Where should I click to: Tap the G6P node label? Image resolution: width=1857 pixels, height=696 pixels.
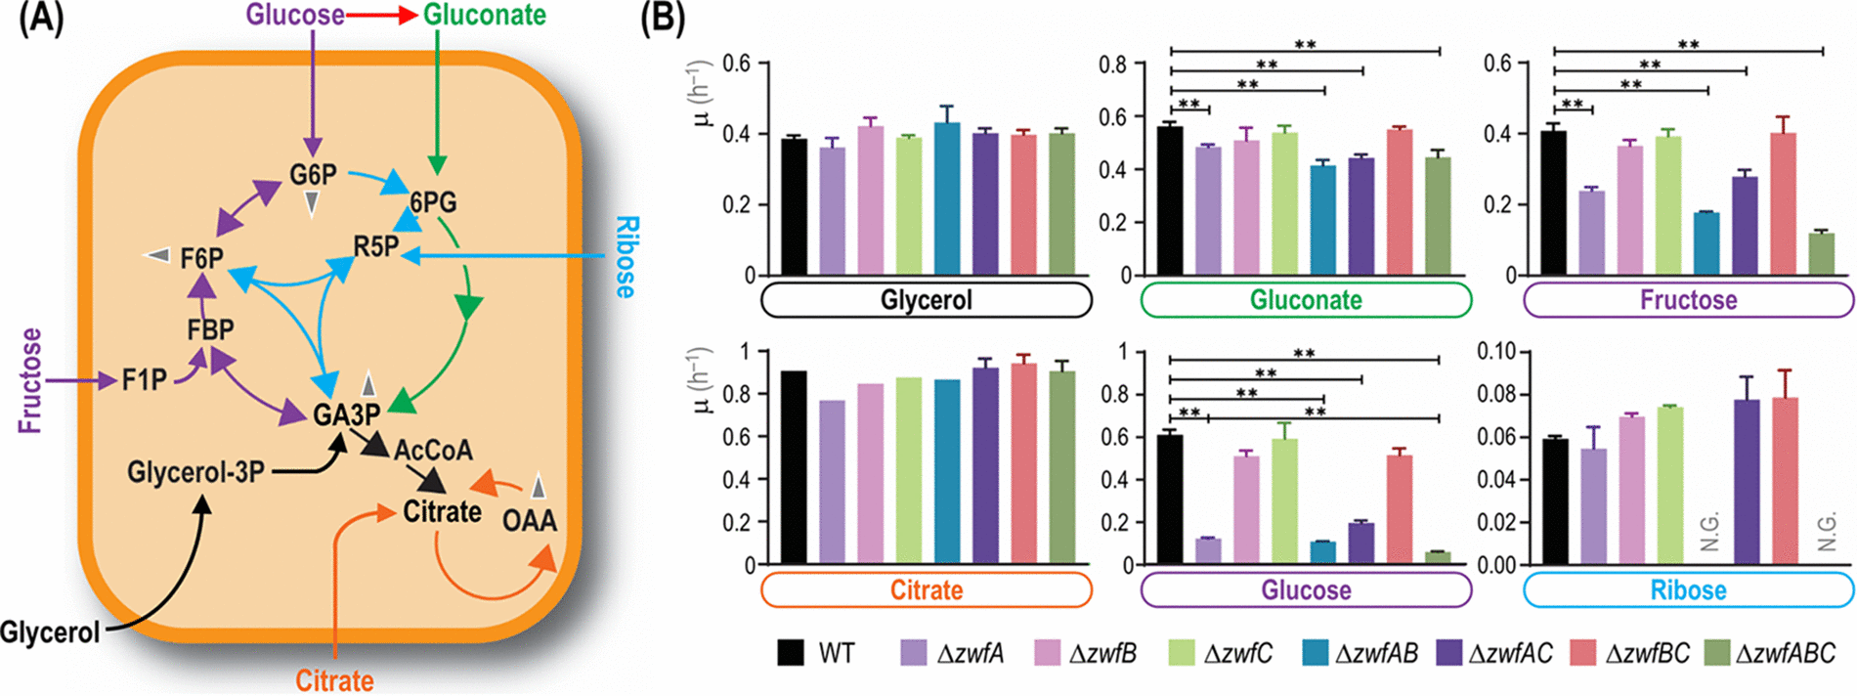click(x=313, y=175)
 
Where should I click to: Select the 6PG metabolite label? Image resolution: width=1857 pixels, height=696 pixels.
click(x=433, y=202)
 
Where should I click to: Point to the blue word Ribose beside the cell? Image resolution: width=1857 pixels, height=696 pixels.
click(x=626, y=257)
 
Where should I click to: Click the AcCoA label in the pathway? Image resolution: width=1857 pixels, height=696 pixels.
click(x=433, y=451)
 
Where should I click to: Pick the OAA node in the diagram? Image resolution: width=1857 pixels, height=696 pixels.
click(x=529, y=520)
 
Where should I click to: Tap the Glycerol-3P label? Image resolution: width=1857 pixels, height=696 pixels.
click(x=195, y=472)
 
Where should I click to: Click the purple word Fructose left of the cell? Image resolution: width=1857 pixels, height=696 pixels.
click(x=30, y=380)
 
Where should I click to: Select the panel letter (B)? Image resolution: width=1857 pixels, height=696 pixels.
click(x=662, y=19)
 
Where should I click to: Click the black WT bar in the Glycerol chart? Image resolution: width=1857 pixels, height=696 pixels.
click(x=794, y=207)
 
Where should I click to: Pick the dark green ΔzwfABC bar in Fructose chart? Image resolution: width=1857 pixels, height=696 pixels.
click(x=1821, y=254)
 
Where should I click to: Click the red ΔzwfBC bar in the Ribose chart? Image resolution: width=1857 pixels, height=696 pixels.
click(x=1785, y=481)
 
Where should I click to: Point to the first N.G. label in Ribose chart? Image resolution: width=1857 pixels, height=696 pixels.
click(x=1709, y=533)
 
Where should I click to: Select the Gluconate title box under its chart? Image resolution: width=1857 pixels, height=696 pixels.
click(x=1306, y=300)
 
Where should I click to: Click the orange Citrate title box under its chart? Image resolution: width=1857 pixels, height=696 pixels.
click(x=926, y=589)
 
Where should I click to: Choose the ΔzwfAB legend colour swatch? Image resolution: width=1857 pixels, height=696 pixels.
click(x=1316, y=653)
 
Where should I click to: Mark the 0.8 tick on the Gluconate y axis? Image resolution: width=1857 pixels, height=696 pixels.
click(x=1112, y=65)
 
